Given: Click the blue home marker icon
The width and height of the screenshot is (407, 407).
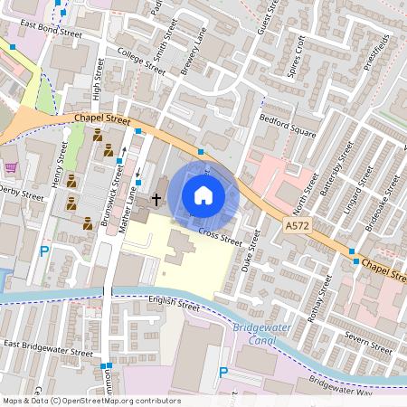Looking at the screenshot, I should click(x=203, y=194).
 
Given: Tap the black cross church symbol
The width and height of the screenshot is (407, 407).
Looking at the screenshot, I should click(x=156, y=197).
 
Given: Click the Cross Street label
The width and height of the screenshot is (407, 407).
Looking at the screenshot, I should click(x=220, y=237).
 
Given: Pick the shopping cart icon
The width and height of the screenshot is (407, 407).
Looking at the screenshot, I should click(x=11, y=167).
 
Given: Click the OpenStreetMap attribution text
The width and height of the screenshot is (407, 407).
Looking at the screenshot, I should click(x=90, y=401).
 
